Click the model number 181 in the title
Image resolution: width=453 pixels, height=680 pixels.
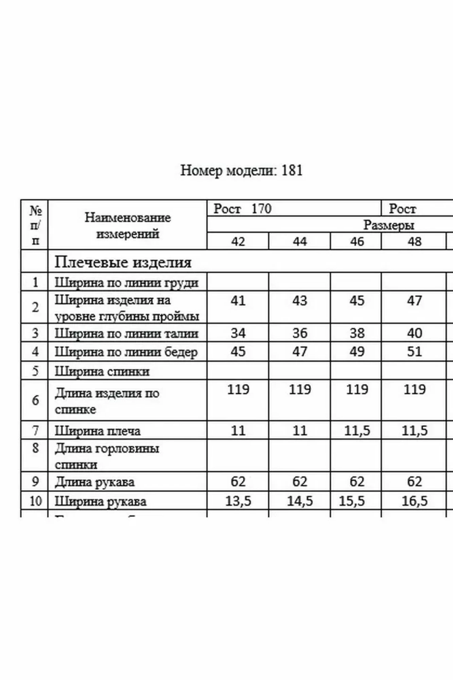tap(292, 170)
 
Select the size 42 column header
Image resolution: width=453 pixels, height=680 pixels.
tap(238, 241)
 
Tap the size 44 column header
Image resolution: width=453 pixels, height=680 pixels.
tap(299, 241)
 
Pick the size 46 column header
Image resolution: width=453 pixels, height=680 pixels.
tap(356, 241)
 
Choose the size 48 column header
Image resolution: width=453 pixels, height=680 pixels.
tap(414, 241)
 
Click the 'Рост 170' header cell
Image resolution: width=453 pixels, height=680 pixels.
tap(243, 208)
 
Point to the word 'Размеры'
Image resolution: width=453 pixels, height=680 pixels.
tap(389, 225)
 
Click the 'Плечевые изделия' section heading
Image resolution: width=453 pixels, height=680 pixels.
tap(123, 262)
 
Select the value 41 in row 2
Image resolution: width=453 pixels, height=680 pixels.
tap(238, 301)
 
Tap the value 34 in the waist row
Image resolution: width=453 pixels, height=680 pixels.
tap(238, 333)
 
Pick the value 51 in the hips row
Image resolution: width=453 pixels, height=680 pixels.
tap(414, 352)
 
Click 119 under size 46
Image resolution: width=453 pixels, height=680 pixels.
tap(357, 389)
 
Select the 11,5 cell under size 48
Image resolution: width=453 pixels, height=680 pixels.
tap(414, 431)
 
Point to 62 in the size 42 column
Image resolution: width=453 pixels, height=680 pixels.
tap(238, 481)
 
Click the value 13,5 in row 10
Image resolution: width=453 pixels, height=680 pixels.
tap(238, 501)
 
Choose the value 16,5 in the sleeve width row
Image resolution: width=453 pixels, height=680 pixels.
tap(414, 501)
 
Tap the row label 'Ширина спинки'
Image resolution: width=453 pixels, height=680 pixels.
tap(102, 371)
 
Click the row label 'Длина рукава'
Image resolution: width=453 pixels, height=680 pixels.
tap(94, 482)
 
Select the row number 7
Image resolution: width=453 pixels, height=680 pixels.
tap(35, 431)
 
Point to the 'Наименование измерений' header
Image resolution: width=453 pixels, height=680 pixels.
tap(127, 225)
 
